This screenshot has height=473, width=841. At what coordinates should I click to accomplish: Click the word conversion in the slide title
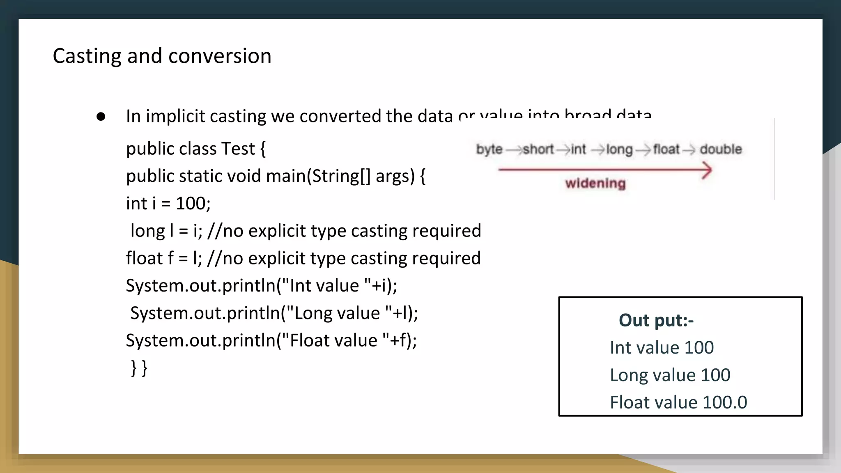tap(220, 56)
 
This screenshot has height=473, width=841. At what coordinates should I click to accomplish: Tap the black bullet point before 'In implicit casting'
tap(101, 117)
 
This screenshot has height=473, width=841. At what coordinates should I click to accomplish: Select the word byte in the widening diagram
tap(489, 149)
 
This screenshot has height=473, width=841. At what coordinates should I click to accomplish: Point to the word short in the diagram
tap(538, 149)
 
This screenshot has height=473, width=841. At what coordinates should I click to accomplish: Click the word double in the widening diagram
tap(721, 149)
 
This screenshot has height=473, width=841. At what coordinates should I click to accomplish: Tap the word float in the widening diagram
tap(666, 149)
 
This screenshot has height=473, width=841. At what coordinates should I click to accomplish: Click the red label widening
tap(595, 183)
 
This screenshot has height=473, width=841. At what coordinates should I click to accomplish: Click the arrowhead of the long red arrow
tap(706, 170)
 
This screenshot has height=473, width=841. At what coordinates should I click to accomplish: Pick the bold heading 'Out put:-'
tap(656, 320)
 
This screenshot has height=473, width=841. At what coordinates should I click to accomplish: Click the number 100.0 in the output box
tap(725, 402)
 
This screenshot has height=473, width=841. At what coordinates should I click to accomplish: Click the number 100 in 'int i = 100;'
tap(193, 204)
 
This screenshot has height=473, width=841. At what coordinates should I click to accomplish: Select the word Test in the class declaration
tap(238, 149)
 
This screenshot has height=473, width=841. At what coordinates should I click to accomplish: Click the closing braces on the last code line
tap(139, 367)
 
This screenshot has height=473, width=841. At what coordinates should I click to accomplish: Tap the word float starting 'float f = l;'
tap(145, 258)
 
